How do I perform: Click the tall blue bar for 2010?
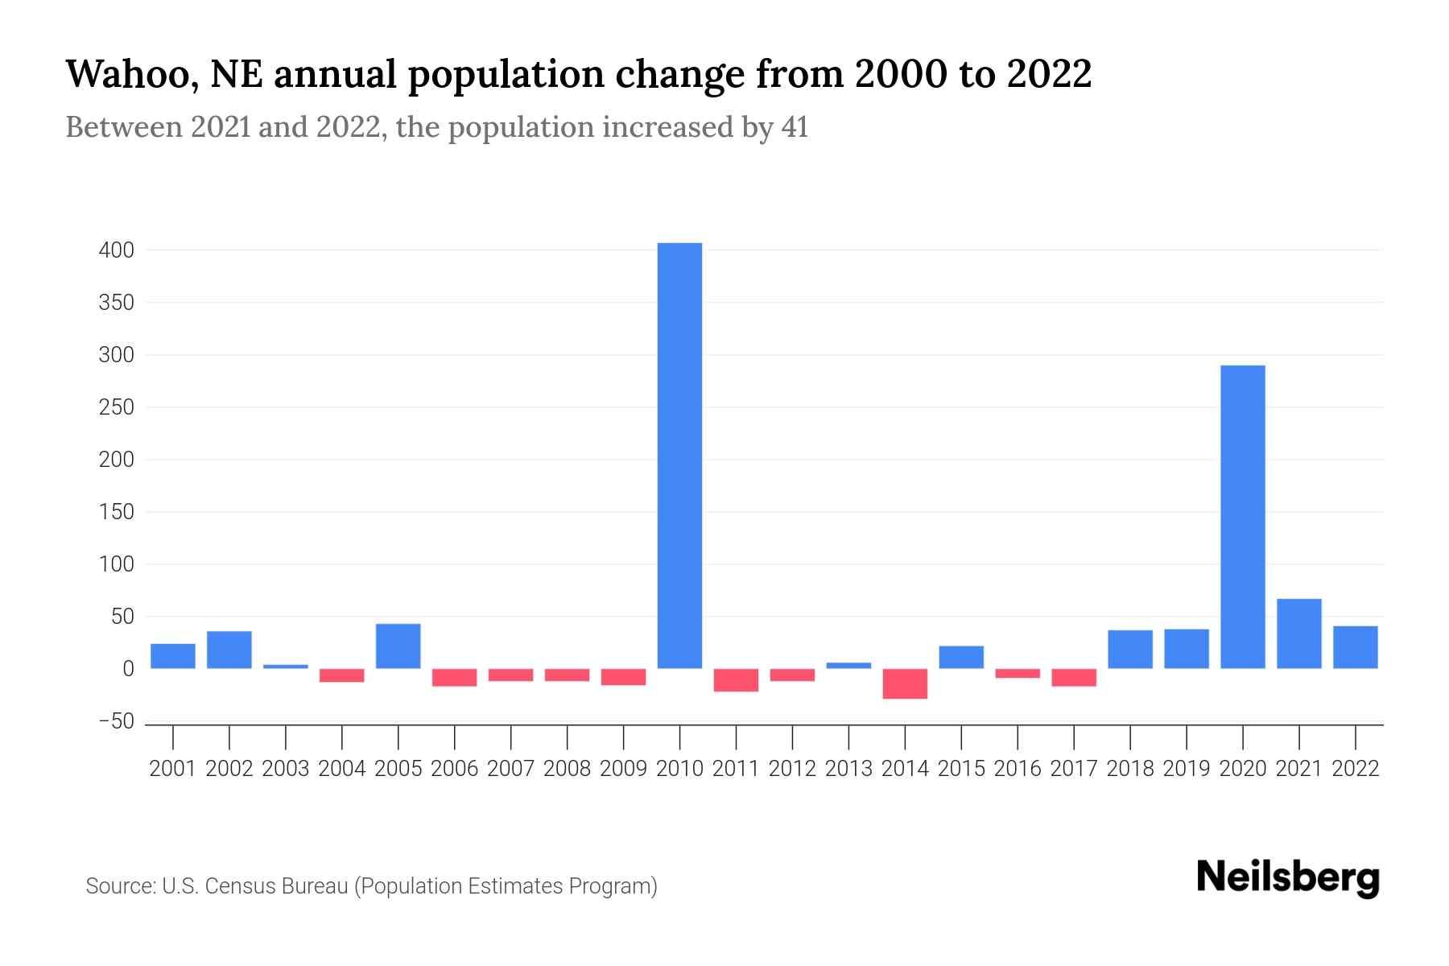679,456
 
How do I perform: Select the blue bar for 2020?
1242,517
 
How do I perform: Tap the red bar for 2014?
905,683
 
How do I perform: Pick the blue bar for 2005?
398,646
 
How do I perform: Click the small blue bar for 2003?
285,667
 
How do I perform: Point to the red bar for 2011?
736,680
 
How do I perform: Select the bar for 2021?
1298,634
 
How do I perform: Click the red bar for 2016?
1018,674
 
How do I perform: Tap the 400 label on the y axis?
116,250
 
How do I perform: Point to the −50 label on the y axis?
116,721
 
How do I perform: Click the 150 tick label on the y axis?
116,512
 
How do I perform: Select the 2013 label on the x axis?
848,769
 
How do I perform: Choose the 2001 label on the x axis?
173,769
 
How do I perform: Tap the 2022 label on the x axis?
1356,769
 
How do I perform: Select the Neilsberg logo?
1288,878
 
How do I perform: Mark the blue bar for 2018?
1130,649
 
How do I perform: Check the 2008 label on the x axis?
567,769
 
